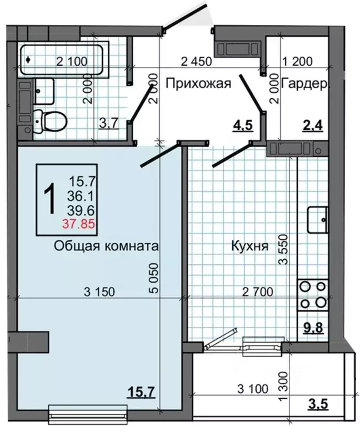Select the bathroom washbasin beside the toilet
[x=44, y=91]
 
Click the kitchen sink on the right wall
[x=318, y=218]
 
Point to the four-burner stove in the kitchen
[x=312, y=295]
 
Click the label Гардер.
[x=306, y=84]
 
